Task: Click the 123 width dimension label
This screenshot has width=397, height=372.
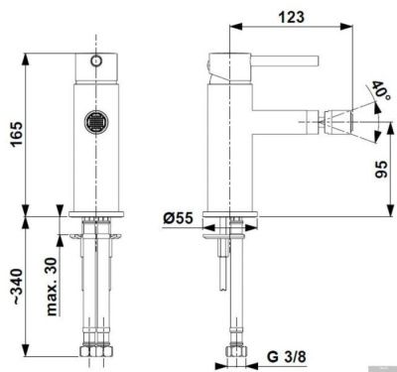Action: pos(293,17)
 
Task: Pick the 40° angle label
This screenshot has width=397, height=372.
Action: pos(381,92)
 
